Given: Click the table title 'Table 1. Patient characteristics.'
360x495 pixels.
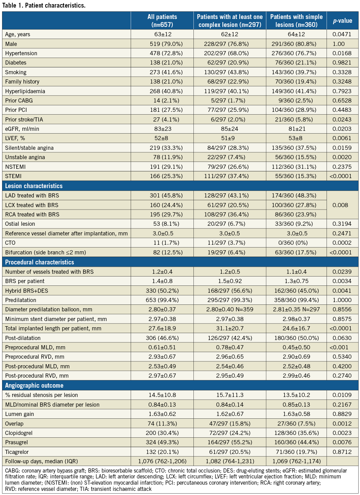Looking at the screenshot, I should tap(44, 6).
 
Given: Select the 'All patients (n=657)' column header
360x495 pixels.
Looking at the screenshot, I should tap(162, 21).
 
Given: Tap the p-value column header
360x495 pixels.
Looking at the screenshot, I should tap(342, 21).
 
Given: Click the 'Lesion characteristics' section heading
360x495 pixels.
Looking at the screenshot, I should tap(34, 186).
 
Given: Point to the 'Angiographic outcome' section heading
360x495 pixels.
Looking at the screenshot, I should tap(34, 385).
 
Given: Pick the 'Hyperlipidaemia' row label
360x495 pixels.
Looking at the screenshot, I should tap(25, 91).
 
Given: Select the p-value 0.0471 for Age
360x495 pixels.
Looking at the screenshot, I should tap(342, 34).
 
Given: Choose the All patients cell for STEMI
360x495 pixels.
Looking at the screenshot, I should tap(162, 176).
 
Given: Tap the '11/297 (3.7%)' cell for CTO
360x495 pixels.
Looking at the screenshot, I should tap(230, 243).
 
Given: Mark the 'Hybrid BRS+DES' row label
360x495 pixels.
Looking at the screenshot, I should tap(27, 291).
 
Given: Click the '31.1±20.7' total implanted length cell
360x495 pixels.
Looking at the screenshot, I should tap(230, 328).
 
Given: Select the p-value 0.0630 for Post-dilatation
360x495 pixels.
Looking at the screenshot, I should tap(342, 338).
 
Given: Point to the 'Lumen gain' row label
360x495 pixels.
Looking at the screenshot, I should tap(20, 414).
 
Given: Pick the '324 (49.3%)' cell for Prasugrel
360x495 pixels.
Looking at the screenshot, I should tap(162, 442).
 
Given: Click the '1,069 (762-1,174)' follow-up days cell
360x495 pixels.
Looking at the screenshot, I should tap(296, 461).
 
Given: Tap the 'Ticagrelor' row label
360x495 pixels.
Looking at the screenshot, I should tap(17, 452).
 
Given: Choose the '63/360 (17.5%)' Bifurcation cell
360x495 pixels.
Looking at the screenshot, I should tap(296, 252).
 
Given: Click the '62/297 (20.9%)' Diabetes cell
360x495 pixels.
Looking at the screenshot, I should tap(230, 62).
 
